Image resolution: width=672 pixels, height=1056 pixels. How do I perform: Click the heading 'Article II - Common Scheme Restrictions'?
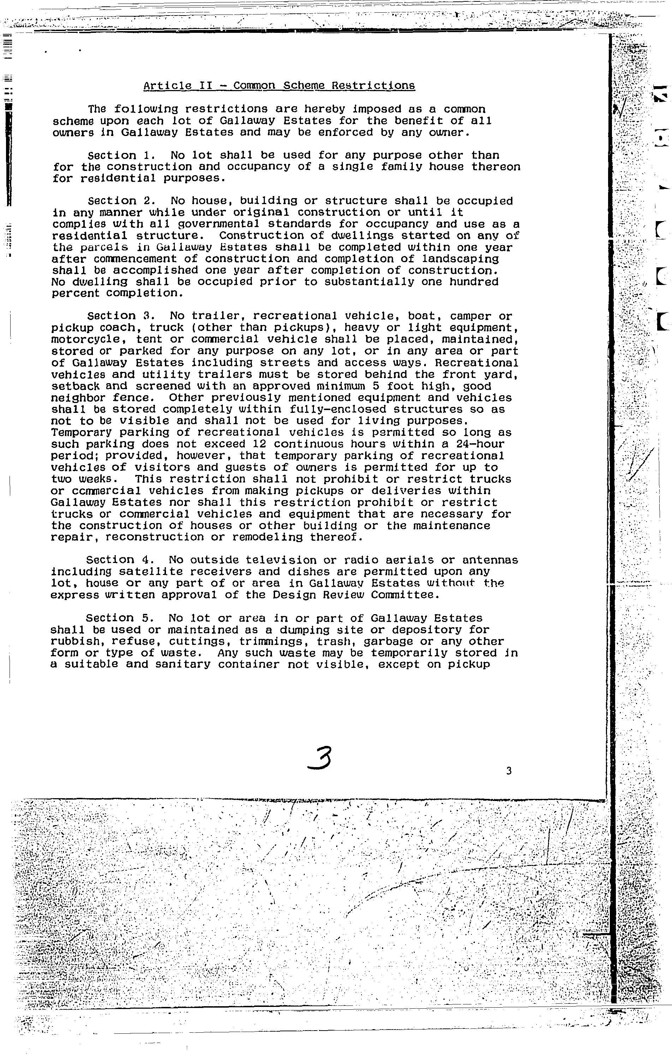[x=279, y=85]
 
